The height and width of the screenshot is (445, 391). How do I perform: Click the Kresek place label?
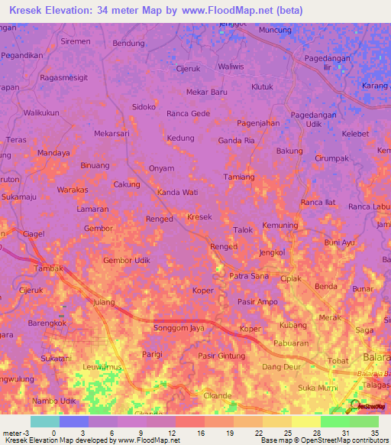click(x=199, y=217)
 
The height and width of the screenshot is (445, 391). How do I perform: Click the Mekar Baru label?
click(x=196, y=92)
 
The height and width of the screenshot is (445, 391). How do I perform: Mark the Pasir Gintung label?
click(x=221, y=356)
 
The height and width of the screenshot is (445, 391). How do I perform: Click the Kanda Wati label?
click(x=178, y=192)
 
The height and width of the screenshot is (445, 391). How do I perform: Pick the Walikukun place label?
click(x=41, y=113)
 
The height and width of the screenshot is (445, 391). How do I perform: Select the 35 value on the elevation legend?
click(x=374, y=433)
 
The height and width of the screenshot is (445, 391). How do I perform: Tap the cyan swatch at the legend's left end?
click(x=44, y=421)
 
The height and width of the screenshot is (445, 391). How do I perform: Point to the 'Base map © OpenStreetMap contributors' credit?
click(x=323, y=440)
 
